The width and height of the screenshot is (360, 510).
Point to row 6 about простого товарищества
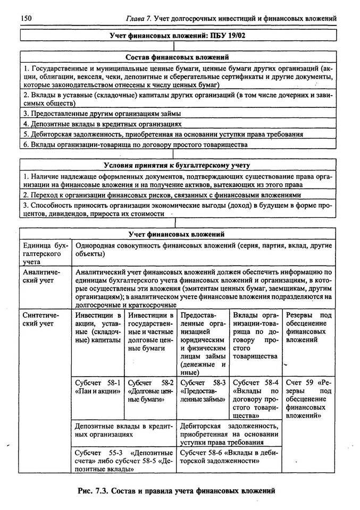point(136,144)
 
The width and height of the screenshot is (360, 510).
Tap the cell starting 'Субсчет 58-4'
point(255,398)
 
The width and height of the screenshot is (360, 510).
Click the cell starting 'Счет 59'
point(308,398)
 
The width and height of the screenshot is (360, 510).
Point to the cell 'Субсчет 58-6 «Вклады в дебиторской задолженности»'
point(229,456)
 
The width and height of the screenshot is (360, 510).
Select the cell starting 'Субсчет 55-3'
point(124,461)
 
